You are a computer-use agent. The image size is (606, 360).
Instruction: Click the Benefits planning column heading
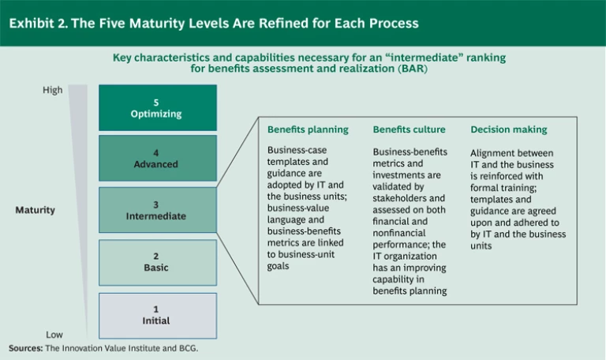(x=307, y=129)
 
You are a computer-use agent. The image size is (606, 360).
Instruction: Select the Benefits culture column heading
(x=409, y=129)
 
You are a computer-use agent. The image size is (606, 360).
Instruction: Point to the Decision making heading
(x=508, y=129)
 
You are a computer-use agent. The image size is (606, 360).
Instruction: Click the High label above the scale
(x=52, y=90)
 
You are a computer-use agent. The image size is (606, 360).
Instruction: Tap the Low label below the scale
(x=54, y=335)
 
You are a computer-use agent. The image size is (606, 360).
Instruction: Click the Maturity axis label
(x=35, y=210)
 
